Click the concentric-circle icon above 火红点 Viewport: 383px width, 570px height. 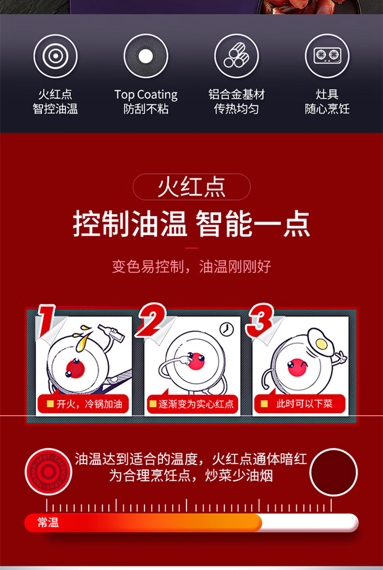tap(55, 56)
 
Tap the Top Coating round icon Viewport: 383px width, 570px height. tap(145, 56)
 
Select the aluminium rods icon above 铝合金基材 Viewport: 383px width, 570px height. tap(236, 56)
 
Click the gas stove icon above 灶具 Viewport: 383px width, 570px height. tap(327, 56)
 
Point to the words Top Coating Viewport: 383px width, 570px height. tap(146, 95)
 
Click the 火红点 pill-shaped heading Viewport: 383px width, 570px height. tap(191, 187)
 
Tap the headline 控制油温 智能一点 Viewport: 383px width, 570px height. tap(191, 225)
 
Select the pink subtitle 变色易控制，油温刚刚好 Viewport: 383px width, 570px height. tap(191, 267)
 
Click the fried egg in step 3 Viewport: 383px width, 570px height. tap(319, 343)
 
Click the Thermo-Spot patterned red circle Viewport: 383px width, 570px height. tap(48, 472)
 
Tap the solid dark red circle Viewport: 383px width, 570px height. tap(334, 472)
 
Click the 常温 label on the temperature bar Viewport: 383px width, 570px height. tap(48, 523)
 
